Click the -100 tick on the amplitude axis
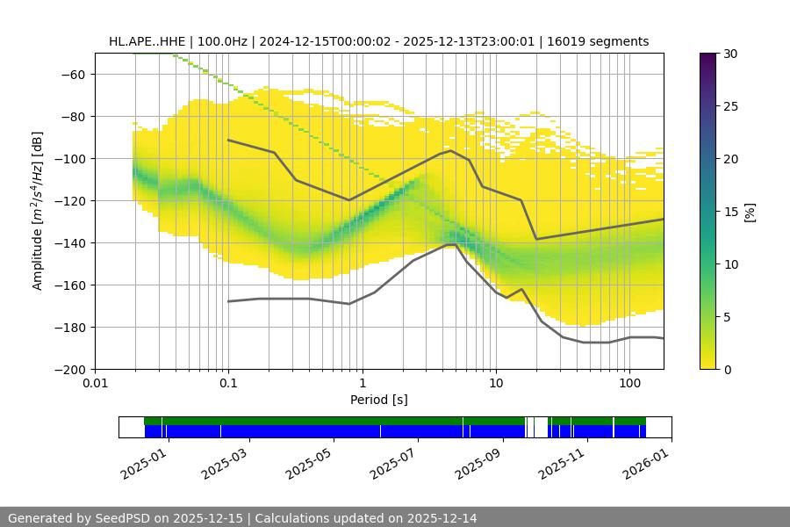click(x=74, y=158)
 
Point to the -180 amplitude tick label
click(x=74, y=327)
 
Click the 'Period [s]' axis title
click(x=379, y=400)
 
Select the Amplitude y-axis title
click(x=38, y=211)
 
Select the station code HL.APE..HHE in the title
click(x=145, y=41)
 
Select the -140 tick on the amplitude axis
click(x=74, y=242)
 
